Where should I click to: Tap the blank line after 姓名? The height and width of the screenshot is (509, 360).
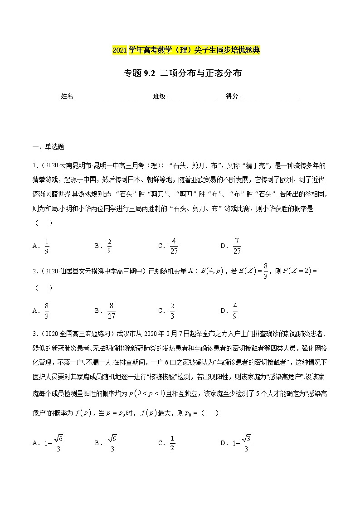point(108,96)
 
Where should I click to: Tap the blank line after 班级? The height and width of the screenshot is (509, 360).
point(194,96)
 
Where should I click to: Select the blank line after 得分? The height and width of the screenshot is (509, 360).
point(272,96)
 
